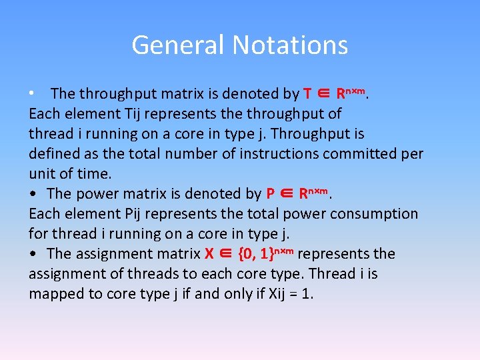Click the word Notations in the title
[289, 45]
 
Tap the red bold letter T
[308, 94]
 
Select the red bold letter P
[271, 194]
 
